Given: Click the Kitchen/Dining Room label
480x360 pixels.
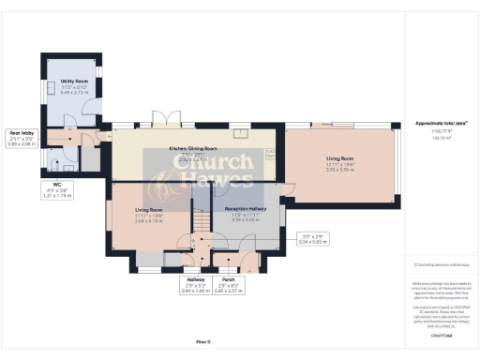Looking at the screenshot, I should click(192, 148).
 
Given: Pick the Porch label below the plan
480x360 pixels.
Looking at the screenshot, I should click(226, 278).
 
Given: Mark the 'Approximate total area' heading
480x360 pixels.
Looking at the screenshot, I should click(434, 124).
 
